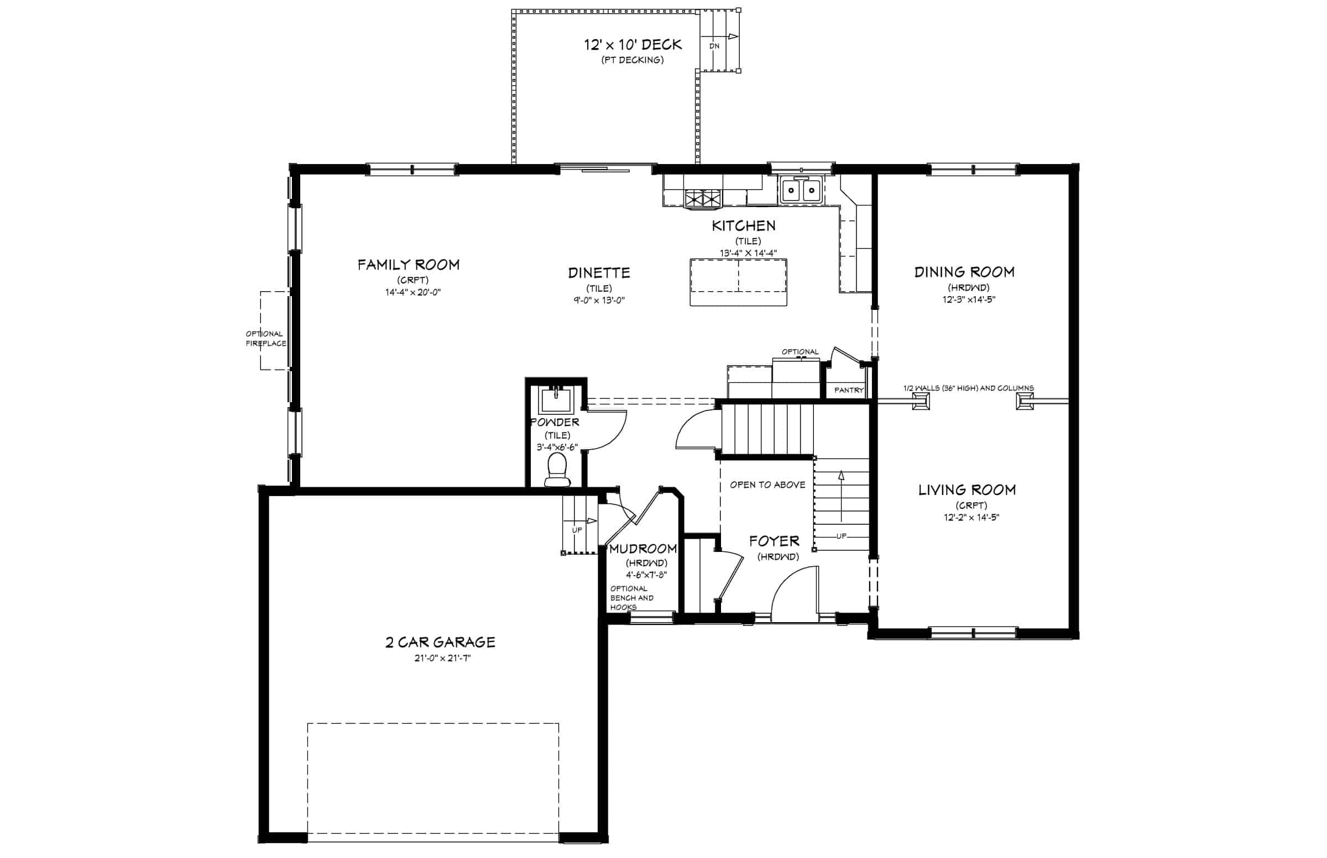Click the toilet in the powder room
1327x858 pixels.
pos(557,469)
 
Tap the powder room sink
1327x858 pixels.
pos(555,399)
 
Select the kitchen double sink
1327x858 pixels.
pos(801,191)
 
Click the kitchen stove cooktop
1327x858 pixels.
pos(703,199)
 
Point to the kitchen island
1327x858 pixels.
pos(738,282)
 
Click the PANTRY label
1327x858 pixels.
pos(849,391)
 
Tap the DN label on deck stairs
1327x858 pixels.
pos(714,46)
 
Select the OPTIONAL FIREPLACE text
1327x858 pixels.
pos(266,339)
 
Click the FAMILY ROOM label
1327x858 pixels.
pos(409,265)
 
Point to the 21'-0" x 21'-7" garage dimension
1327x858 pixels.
pos(443,658)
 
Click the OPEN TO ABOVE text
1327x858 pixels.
pos(768,485)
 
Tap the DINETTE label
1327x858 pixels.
pos(599,273)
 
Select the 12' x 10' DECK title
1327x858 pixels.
pos(633,45)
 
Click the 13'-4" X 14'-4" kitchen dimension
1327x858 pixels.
pos(748,253)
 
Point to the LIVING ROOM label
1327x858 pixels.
pos(967,490)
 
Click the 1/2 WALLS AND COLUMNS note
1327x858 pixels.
pos(969,388)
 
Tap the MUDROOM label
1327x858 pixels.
pos(643,549)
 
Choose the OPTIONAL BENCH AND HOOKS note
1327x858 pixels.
pos(632,598)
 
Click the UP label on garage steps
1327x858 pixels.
pos(577,530)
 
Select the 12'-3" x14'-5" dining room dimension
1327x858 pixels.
pos(969,299)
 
